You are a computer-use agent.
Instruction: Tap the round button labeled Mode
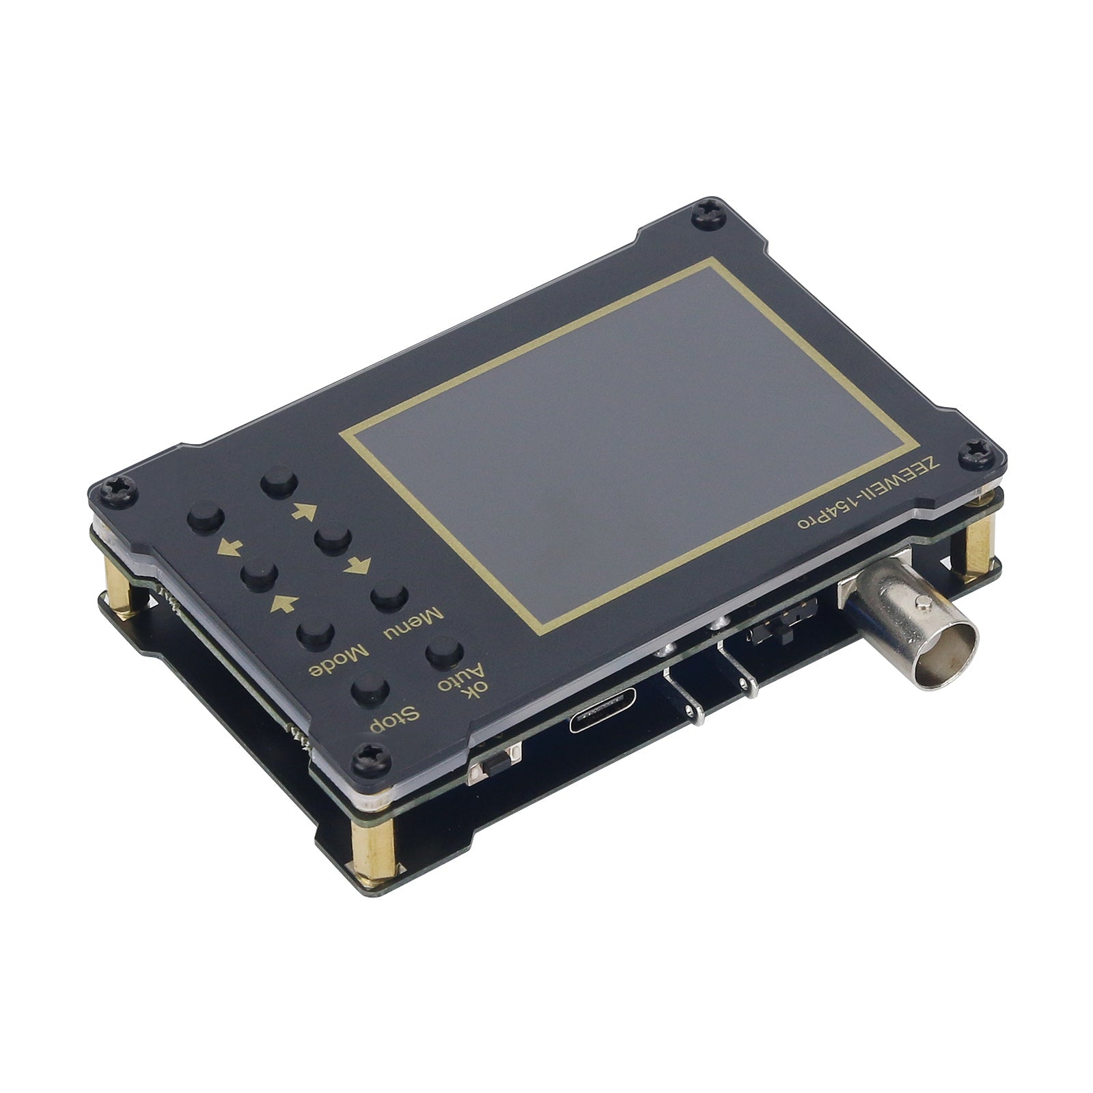pyautogui.click(x=316, y=635)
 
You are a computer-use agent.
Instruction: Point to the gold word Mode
pyautogui.click(x=339, y=659)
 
